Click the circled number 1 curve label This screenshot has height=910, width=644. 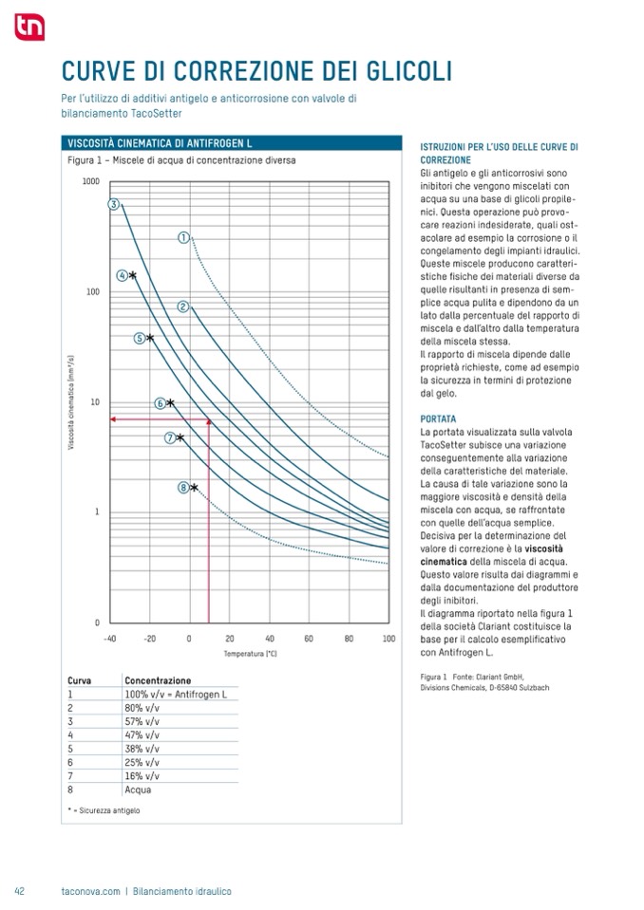pos(183,237)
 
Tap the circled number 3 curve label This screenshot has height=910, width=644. pos(113,204)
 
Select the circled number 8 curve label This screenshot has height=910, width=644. pos(183,488)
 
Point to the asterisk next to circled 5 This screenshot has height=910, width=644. pos(150,338)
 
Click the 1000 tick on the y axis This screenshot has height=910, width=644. pos(90,180)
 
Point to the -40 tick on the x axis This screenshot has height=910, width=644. pos(109,639)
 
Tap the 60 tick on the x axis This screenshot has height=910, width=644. pos(309,639)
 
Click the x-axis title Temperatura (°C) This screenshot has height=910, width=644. pos(251,654)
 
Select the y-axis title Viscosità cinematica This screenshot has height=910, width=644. pos(71,401)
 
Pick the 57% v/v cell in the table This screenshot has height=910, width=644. pos(142,721)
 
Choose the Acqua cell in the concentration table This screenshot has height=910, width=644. pos(138,789)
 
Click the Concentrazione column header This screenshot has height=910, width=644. pos(158,680)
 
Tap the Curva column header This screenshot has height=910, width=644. pos(79,680)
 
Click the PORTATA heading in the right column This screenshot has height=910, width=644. pos(438,418)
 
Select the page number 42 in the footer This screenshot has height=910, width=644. pos(19,891)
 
